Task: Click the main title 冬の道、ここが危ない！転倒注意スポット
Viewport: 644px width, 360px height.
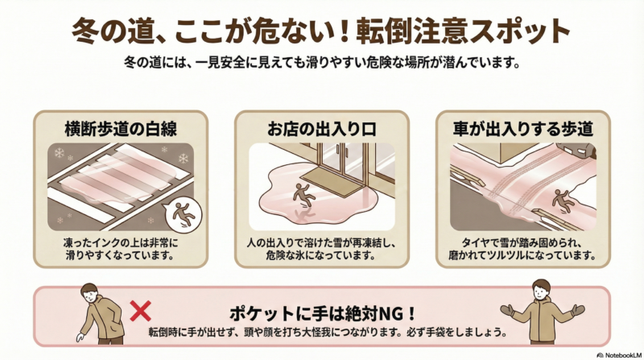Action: pyautogui.click(x=320, y=31)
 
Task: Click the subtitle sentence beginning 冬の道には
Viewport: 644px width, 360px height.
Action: pyautogui.click(x=322, y=63)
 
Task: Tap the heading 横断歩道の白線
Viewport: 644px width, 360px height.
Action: pyautogui.click(x=121, y=129)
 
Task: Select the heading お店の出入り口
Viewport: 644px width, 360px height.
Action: pyautogui.click(x=321, y=129)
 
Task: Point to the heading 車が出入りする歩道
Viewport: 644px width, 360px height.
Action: pyautogui.click(x=522, y=129)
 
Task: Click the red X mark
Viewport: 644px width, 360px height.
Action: pyautogui.click(x=140, y=311)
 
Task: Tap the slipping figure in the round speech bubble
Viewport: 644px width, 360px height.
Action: pyautogui.click(x=184, y=213)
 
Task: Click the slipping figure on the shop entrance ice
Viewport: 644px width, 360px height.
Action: pyautogui.click(x=303, y=195)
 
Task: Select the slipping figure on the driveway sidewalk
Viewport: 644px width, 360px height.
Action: pyautogui.click(x=561, y=201)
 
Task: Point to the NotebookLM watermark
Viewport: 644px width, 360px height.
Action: pyautogui.click(x=619, y=355)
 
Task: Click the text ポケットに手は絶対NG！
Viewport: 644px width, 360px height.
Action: pyautogui.click(x=323, y=314)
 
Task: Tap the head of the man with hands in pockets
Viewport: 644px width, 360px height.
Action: pyautogui.click(x=90, y=292)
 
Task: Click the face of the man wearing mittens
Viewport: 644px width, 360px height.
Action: pyautogui.click(x=541, y=292)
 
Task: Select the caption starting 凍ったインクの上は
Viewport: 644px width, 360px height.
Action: pyautogui.click(x=120, y=249)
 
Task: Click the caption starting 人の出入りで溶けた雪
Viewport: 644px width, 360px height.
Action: pyautogui.click(x=321, y=249)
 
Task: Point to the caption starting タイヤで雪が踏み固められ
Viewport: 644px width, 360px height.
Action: pyautogui.click(x=522, y=249)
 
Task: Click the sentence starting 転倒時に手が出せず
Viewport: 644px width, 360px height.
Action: pyautogui.click(x=328, y=332)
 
